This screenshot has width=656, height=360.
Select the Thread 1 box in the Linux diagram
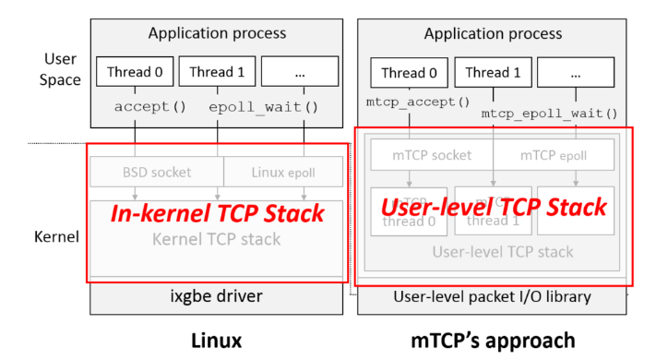pos(217,71)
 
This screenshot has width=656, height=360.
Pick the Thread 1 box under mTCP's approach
pos(493,73)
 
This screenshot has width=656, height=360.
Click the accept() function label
pos(149,106)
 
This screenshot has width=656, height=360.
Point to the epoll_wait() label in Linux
pos(263,106)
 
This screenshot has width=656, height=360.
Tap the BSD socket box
pos(157,172)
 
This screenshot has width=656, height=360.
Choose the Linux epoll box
pos(282,172)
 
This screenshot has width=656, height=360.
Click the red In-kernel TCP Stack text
pos(217,214)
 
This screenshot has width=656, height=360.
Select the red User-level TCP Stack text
pos(494,208)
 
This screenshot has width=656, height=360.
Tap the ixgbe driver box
pos(217,296)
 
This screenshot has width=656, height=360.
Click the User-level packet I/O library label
pos(493,296)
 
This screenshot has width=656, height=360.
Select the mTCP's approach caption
pos(493,340)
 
